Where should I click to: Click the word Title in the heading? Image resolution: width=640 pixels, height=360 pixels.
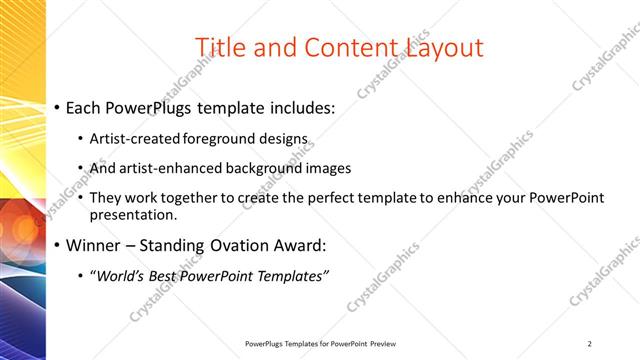217,47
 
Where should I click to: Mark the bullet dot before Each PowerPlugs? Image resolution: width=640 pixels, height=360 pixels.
58,107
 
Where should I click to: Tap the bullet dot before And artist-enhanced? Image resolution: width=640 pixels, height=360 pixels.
81,169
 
